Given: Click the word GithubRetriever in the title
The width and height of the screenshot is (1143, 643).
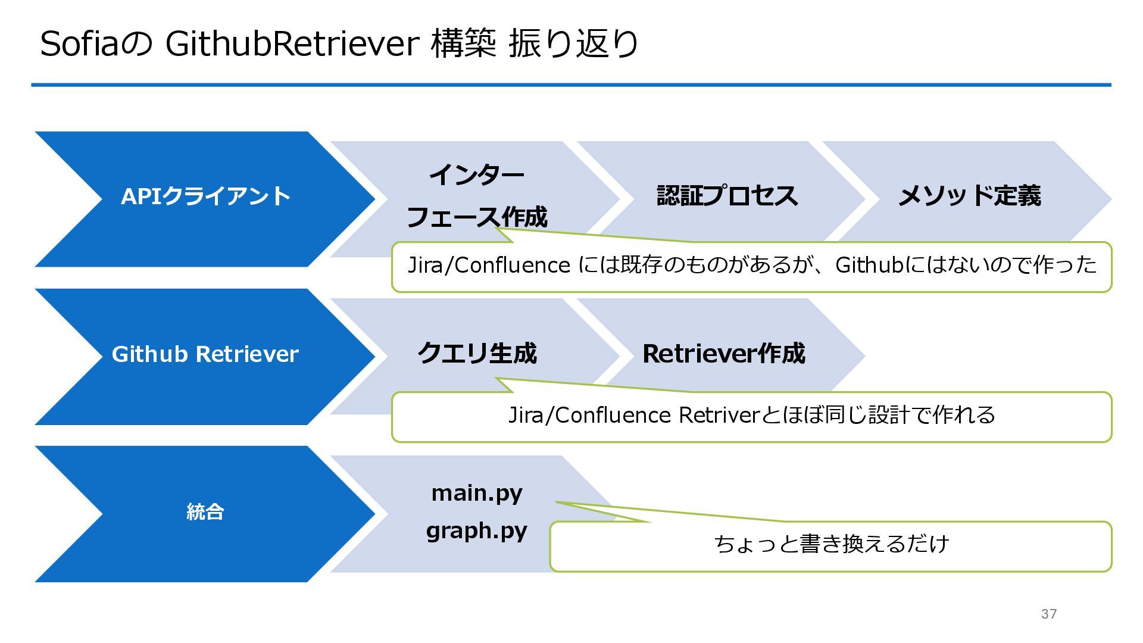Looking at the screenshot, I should (x=292, y=43).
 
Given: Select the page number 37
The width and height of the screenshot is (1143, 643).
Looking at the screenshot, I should (x=1049, y=614).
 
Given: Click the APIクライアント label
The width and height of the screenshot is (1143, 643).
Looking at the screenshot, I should (x=205, y=196).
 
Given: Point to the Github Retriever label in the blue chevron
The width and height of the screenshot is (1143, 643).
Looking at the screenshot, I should (x=205, y=354).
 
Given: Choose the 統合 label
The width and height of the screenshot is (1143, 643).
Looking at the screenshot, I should (x=205, y=512).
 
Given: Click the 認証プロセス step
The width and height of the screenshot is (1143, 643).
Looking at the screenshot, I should (x=727, y=196).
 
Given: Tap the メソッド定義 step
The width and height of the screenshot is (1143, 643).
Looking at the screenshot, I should (x=969, y=196).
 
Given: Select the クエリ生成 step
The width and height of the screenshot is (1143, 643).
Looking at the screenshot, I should (x=477, y=354).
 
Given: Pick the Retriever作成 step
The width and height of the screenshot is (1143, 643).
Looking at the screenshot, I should (x=724, y=354).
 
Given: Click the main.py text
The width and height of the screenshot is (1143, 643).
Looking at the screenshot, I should (x=477, y=493).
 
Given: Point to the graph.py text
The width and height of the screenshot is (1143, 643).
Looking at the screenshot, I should (x=477, y=530).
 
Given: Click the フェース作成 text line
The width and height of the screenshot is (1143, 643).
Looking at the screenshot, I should (x=476, y=217).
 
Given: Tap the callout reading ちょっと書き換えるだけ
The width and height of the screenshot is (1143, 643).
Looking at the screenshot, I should (x=831, y=544).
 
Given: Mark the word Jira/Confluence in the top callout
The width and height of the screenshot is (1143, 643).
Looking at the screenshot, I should (x=489, y=265).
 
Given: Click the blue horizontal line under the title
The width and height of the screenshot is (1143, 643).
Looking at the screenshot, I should (x=571, y=85).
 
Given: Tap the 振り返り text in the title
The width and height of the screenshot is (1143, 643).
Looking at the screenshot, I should (x=574, y=43).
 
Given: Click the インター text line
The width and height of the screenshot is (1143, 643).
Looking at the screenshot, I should (x=476, y=175).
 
